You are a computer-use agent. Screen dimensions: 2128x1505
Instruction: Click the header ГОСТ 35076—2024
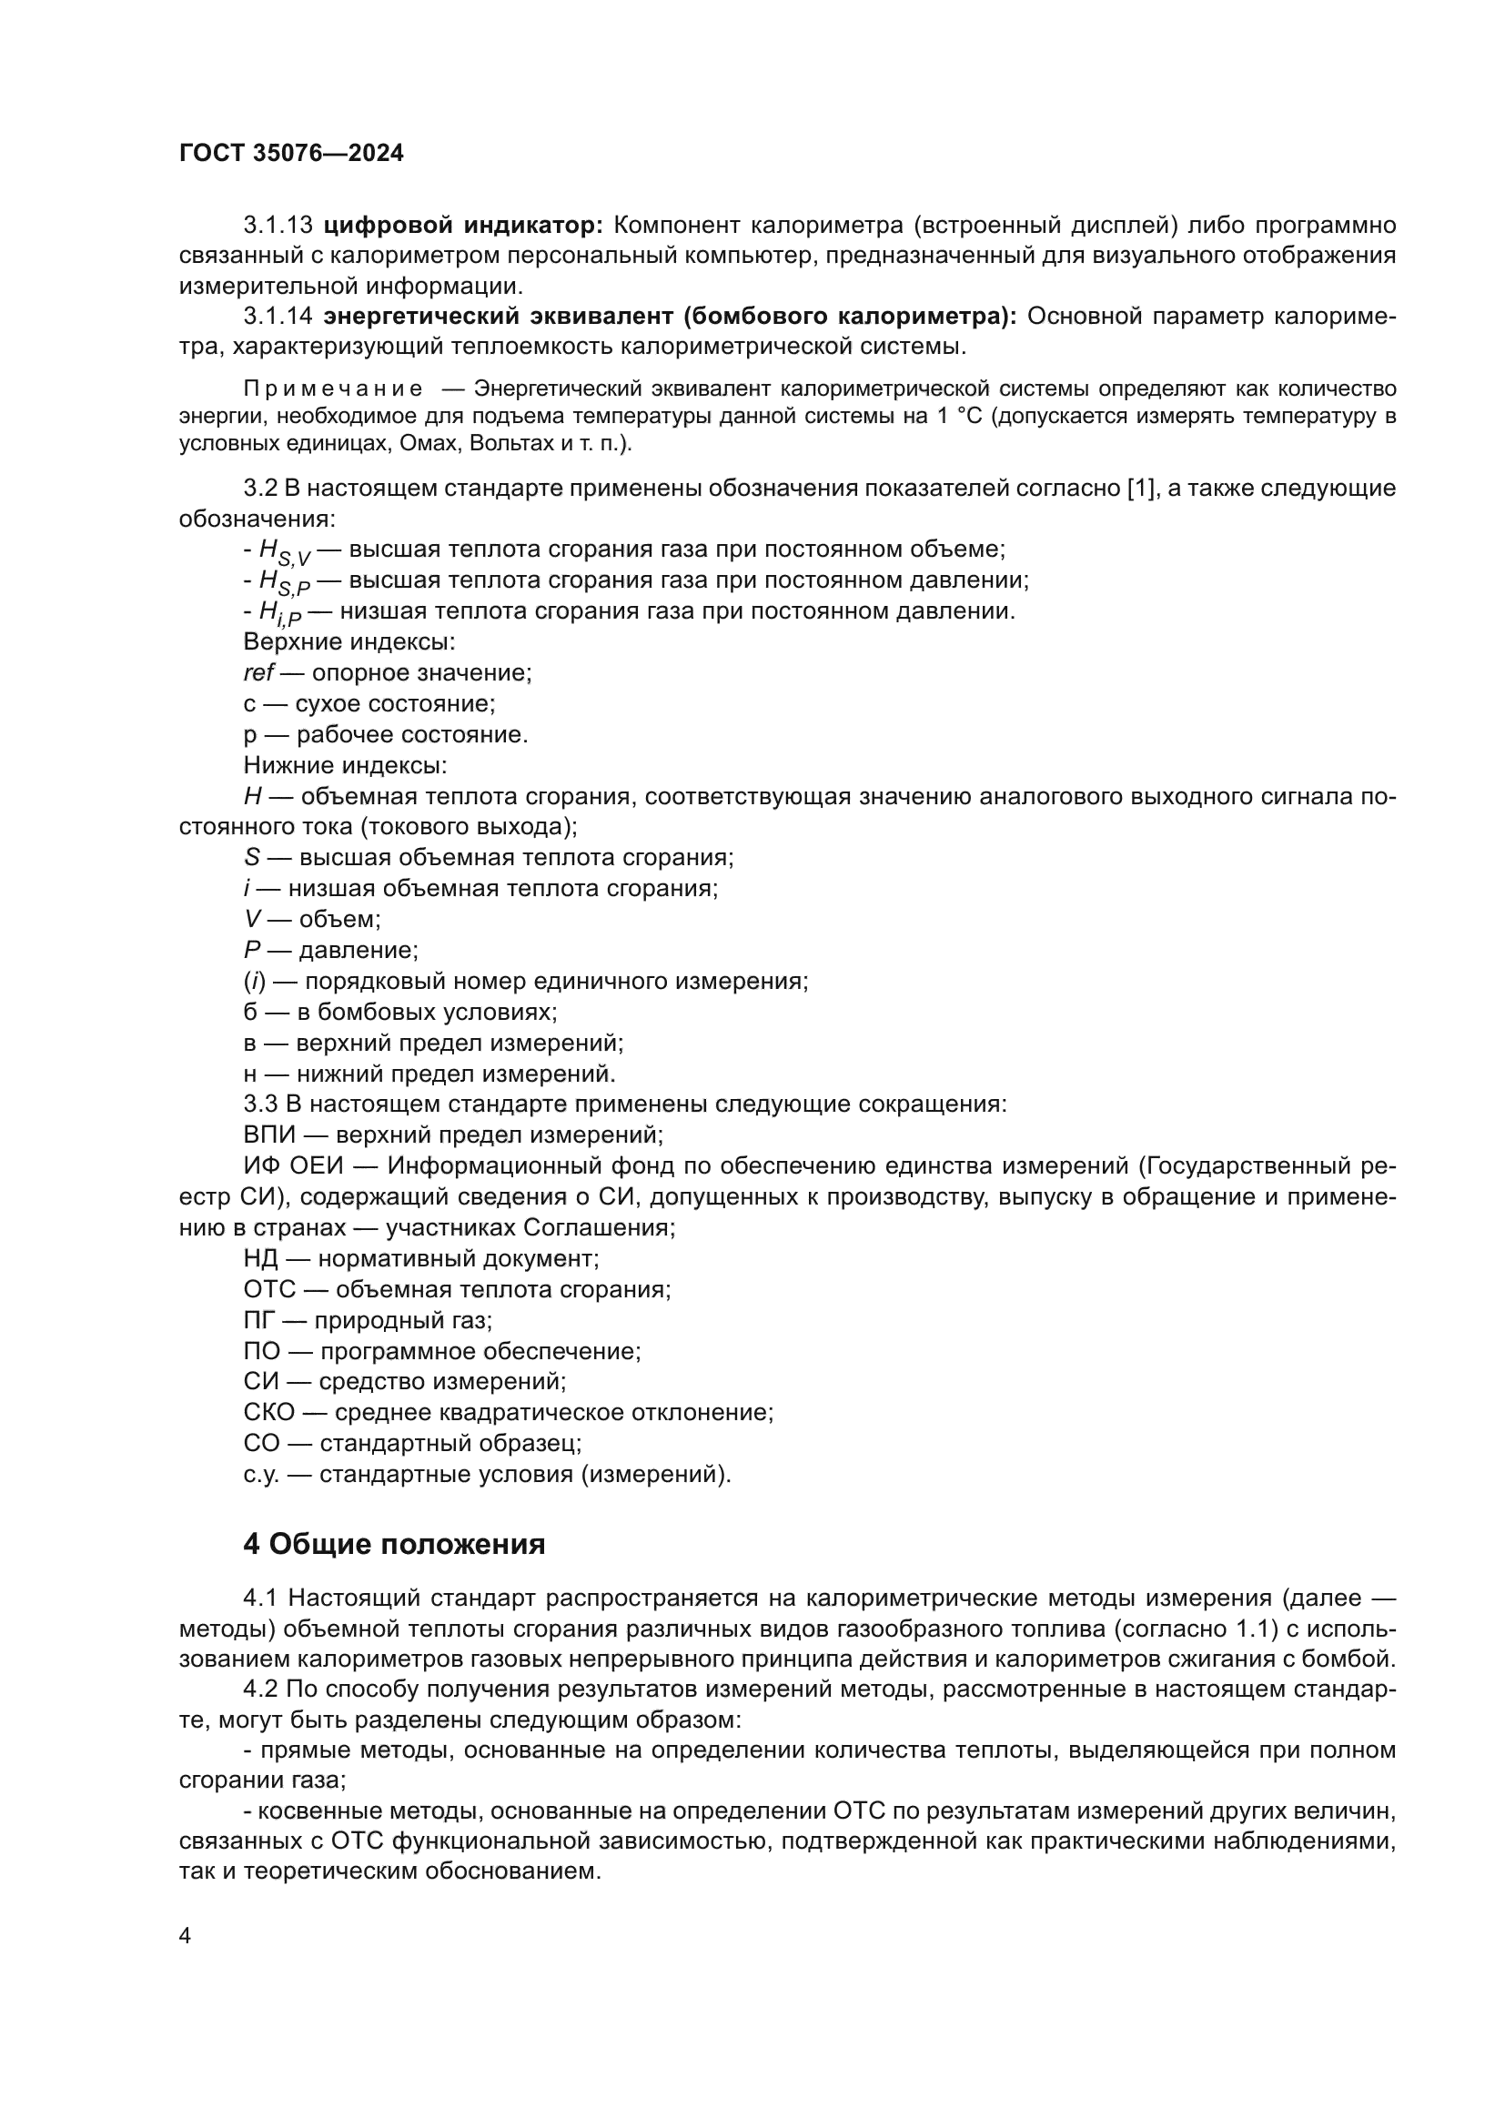pos(291,154)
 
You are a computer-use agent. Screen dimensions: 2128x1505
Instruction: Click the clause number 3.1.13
pos(278,226)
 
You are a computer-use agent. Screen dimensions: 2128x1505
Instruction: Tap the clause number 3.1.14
pos(278,317)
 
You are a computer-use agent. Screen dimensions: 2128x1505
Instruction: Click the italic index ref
pos(258,673)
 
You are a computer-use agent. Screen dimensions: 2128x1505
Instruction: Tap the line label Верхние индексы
pos(348,642)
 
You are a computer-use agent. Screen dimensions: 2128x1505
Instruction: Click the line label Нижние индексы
pos(345,765)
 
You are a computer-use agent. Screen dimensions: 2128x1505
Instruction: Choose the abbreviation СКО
pos(268,1413)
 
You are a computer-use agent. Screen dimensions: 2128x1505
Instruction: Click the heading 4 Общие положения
pos(394,1545)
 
